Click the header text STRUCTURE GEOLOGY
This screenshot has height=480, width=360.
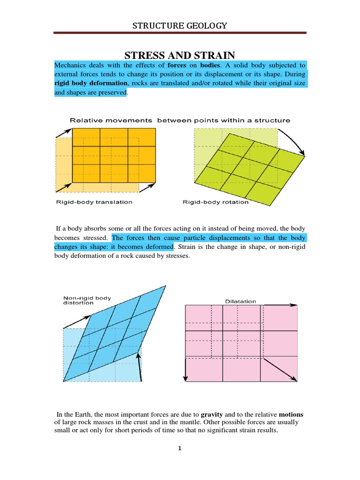coord(180,25)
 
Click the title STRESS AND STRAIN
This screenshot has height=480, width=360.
coord(180,54)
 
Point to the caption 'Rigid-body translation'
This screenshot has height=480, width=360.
coord(94,202)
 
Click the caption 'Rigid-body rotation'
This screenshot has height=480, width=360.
coord(215,202)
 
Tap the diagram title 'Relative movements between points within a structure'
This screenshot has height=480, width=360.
coord(180,120)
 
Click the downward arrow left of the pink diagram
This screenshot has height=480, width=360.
coord(186,370)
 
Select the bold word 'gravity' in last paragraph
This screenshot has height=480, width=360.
coord(212,415)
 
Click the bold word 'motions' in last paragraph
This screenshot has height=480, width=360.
coord(291,415)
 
